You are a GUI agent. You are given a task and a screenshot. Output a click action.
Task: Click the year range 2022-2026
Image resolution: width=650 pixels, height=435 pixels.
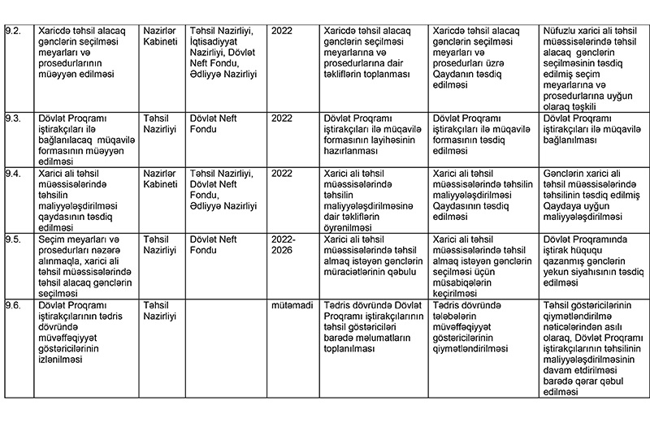click(x=283, y=245)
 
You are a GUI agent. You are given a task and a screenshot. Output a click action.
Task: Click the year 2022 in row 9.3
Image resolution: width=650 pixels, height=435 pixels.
click(x=282, y=118)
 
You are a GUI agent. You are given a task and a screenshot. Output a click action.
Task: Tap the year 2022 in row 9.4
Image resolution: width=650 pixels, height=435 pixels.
click(x=282, y=173)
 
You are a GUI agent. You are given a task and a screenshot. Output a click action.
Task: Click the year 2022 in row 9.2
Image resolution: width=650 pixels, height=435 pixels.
click(x=282, y=31)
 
